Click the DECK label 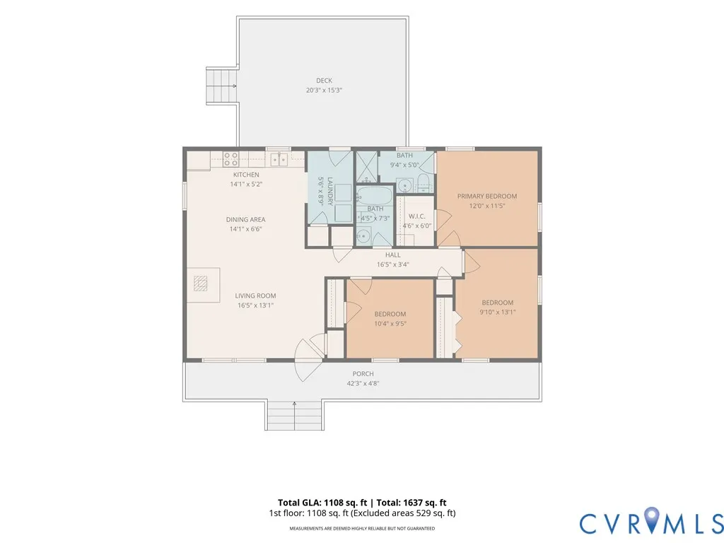coord(324,81)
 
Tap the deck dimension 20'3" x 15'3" coord(324,90)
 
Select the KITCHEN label coord(246,175)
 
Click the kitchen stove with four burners coord(231,159)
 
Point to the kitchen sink coord(279,159)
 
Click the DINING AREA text coord(245,219)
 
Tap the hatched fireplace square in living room coord(200,283)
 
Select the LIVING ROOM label coord(255,296)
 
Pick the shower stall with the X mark coord(367,167)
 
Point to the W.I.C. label coord(417,216)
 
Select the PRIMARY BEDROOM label coord(487,197)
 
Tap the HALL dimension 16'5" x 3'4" coord(393,264)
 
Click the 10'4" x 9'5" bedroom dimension coord(390,324)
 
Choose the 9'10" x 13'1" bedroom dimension coord(498,312)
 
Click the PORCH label coord(363,373)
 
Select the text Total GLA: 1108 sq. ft coord(322,503)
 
